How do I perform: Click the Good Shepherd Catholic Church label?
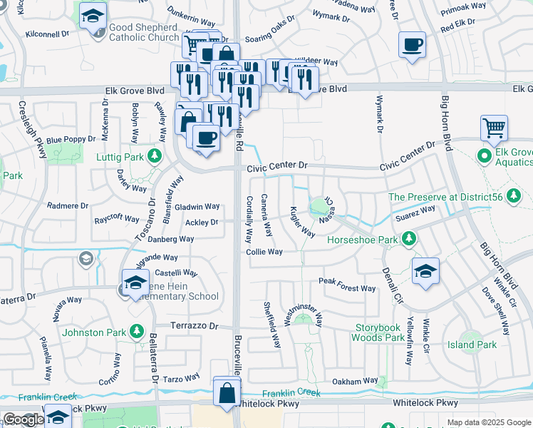143,33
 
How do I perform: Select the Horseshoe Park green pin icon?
408,238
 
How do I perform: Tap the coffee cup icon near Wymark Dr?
413,45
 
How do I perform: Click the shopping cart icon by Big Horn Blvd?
494,128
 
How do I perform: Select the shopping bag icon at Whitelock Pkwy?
227,392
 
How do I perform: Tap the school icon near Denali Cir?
425,271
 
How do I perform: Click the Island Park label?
472,345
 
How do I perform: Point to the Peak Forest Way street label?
347,288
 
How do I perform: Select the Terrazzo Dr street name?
193,325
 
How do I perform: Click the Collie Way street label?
264,252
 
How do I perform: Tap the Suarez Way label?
416,210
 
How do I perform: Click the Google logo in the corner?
24,419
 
